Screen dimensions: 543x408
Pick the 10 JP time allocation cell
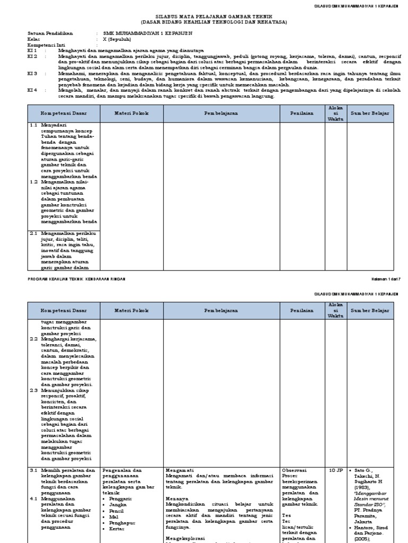(x=336, y=470)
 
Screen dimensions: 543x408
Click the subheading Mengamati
(x=179, y=470)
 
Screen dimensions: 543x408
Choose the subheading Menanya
(x=177, y=499)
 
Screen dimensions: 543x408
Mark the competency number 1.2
(x=33, y=182)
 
